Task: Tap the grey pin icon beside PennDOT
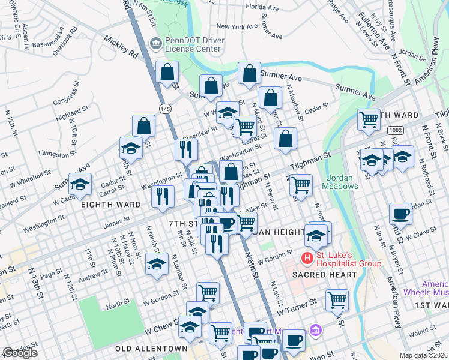[155, 42]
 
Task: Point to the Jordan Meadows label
[343, 181]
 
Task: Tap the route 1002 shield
[395, 130]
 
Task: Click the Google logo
[20, 352]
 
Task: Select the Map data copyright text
[422, 355]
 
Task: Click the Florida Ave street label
[262, 8]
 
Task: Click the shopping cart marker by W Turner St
[337, 300]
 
